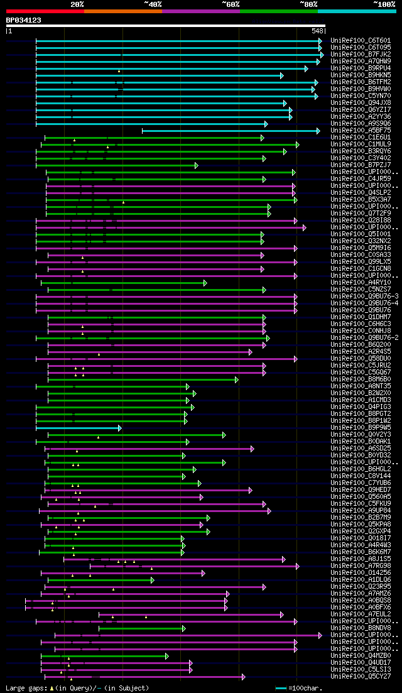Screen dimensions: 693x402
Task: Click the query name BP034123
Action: pyautogui.click(x=24, y=21)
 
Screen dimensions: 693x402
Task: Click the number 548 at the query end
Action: pyautogui.click(x=318, y=31)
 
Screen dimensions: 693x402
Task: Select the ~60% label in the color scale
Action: pyautogui.click(x=231, y=4)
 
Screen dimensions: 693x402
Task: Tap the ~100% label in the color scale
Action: pyautogui.click(x=384, y=4)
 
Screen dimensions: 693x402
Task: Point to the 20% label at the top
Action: pyautogui.click(x=77, y=4)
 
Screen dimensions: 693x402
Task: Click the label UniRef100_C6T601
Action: pyautogui.click(x=360, y=41)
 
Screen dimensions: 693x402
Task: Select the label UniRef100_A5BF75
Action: pyautogui.click(x=360, y=131)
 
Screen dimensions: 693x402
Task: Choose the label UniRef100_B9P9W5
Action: pyautogui.click(x=360, y=428)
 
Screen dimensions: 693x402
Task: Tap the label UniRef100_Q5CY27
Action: pyautogui.click(x=360, y=677)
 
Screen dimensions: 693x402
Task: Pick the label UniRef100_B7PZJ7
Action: pyautogui.click(x=360, y=165)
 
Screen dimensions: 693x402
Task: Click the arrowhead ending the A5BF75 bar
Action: pyautogui.click(x=318, y=131)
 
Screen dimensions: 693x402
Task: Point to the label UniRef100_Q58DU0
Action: pyautogui.click(x=360, y=359)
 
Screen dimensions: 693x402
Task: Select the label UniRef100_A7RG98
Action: pyautogui.click(x=360, y=566)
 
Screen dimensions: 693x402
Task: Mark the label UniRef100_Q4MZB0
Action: pyautogui.click(x=360, y=656)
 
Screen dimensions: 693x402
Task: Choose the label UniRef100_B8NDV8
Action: pyautogui.click(x=360, y=628)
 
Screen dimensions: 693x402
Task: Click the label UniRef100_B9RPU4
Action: pyautogui.click(x=360, y=68)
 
